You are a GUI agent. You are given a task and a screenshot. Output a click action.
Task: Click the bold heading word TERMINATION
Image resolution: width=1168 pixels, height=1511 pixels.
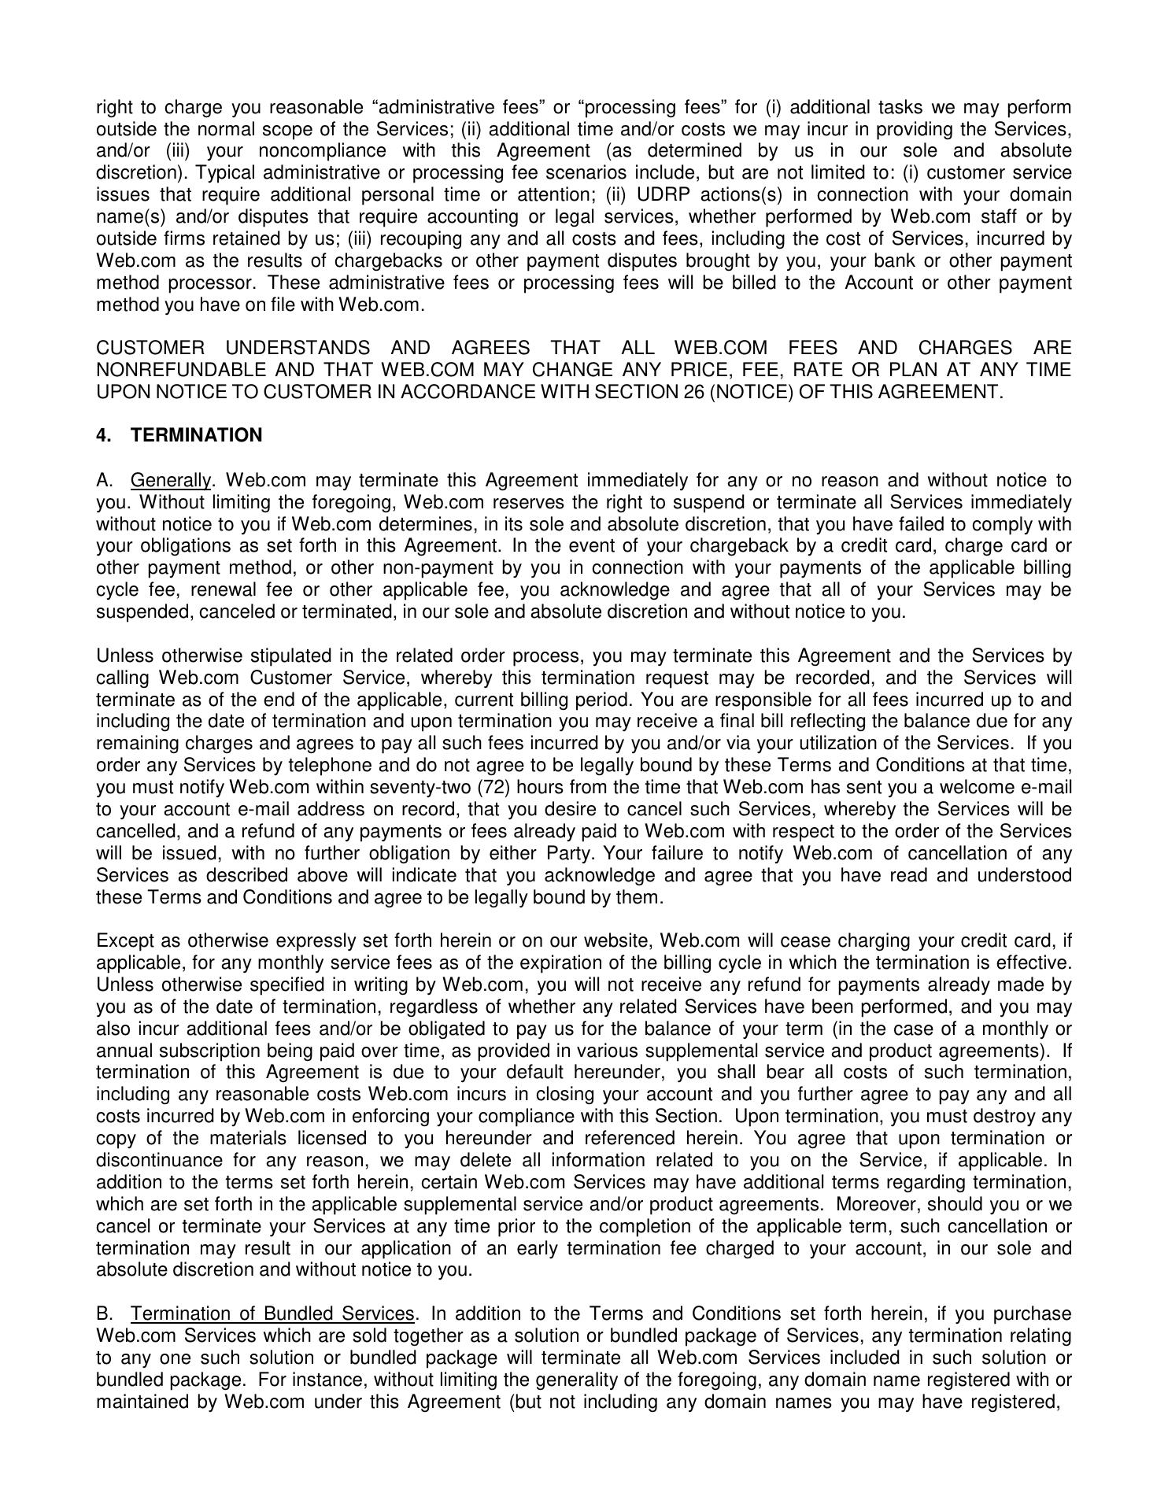pos(197,435)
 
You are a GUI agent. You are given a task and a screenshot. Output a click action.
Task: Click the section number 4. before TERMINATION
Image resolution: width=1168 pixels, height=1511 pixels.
pos(103,435)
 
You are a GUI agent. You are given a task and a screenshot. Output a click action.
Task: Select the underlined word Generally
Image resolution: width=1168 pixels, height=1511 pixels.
pos(171,480)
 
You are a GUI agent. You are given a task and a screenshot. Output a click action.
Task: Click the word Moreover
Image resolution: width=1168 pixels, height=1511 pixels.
pos(872,1204)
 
